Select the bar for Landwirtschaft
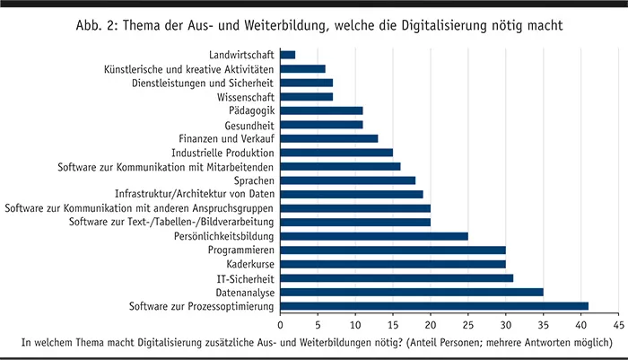click(288, 55)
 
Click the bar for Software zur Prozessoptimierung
click(434, 306)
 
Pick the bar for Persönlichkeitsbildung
click(374, 236)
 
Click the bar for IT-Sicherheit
click(397, 278)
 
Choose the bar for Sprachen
click(348, 180)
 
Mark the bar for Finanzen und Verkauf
click(329, 138)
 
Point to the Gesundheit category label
click(248, 125)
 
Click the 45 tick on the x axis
click(618, 323)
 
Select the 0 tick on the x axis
click(281, 323)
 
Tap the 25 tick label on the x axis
click(468, 323)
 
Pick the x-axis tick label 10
click(355, 323)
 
